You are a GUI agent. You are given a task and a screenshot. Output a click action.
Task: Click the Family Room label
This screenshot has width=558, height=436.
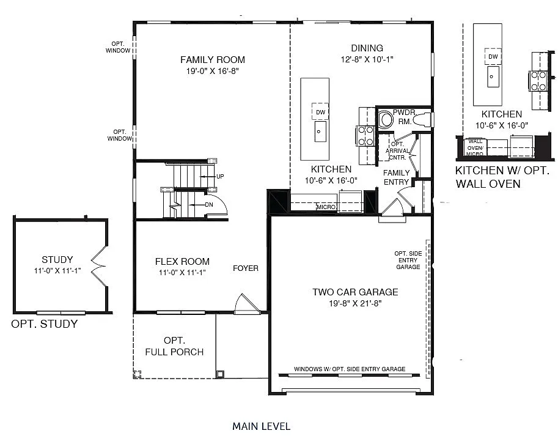point(212,60)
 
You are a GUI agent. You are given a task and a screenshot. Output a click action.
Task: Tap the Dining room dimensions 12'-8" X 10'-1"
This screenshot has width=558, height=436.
point(367,60)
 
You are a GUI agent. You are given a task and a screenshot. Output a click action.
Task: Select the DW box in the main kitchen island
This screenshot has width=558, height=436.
point(320,112)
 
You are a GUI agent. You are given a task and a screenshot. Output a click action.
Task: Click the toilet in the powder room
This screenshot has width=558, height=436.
point(386,119)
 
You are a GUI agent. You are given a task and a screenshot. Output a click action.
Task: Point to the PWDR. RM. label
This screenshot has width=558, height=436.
point(403,117)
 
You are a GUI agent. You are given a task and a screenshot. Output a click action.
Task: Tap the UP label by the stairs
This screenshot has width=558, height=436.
point(220,177)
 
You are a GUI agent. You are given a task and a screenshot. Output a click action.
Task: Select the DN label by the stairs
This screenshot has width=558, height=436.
point(208,204)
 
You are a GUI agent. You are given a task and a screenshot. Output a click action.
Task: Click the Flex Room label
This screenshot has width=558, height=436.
point(182,262)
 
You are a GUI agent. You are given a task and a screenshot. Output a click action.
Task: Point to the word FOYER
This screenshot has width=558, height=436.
point(246,268)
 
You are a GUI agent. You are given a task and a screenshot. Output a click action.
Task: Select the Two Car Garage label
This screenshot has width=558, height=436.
point(355,292)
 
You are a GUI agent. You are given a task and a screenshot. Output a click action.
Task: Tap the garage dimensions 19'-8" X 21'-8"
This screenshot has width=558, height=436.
point(355,303)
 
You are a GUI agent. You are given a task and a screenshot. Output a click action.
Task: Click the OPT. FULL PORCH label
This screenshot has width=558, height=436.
point(174,346)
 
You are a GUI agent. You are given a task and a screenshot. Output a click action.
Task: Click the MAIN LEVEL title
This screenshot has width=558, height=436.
point(261,426)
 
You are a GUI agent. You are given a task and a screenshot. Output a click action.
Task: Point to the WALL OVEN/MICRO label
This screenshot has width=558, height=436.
point(475,147)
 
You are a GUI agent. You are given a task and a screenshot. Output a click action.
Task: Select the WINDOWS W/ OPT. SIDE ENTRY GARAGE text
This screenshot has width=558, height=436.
point(349,369)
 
